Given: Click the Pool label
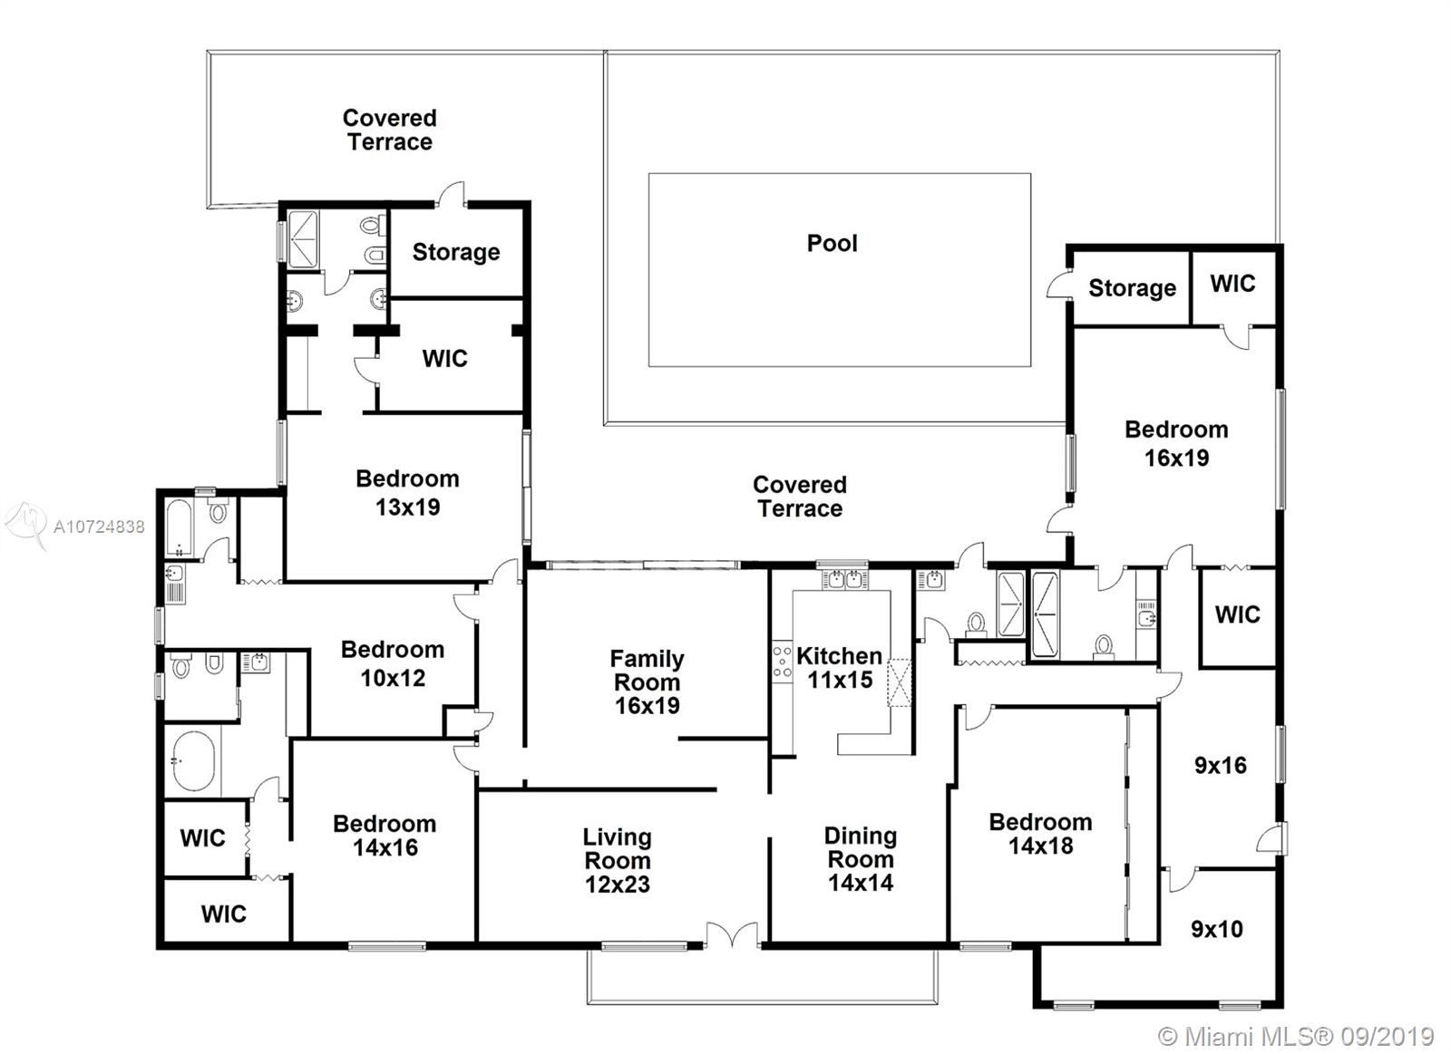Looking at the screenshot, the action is pyautogui.click(x=832, y=244).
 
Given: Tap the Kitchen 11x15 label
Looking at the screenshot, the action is pyautogui.click(x=840, y=668).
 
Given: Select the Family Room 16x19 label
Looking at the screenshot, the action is pyautogui.click(x=647, y=682).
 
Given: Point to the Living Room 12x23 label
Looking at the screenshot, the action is pyautogui.click(x=618, y=860).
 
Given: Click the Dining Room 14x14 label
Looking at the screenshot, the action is pyautogui.click(x=861, y=858).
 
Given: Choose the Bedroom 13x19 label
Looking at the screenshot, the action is pyautogui.click(x=407, y=493).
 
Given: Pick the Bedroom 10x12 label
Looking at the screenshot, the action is pyautogui.click(x=393, y=663).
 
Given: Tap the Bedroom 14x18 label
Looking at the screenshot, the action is pyautogui.click(x=1040, y=833).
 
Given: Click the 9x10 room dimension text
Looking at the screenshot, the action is pyautogui.click(x=1216, y=929).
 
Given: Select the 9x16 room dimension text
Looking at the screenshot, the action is pyautogui.click(x=1221, y=765).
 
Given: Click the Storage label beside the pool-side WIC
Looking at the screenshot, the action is pyautogui.click(x=1133, y=288).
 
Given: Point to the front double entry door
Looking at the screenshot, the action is pyautogui.click(x=731, y=934).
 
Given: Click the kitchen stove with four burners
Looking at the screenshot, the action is pyautogui.click(x=782, y=661).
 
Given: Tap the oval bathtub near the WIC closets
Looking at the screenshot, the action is pyautogui.click(x=193, y=760).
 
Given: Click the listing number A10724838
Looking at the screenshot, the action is pyautogui.click(x=99, y=527).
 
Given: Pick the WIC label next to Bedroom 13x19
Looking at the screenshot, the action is pyautogui.click(x=444, y=358).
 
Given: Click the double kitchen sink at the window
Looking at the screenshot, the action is pyautogui.click(x=844, y=579).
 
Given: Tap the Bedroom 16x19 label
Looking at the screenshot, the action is pyautogui.click(x=1176, y=443).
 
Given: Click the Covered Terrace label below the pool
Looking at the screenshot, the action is pyautogui.click(x=800, y=497).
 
